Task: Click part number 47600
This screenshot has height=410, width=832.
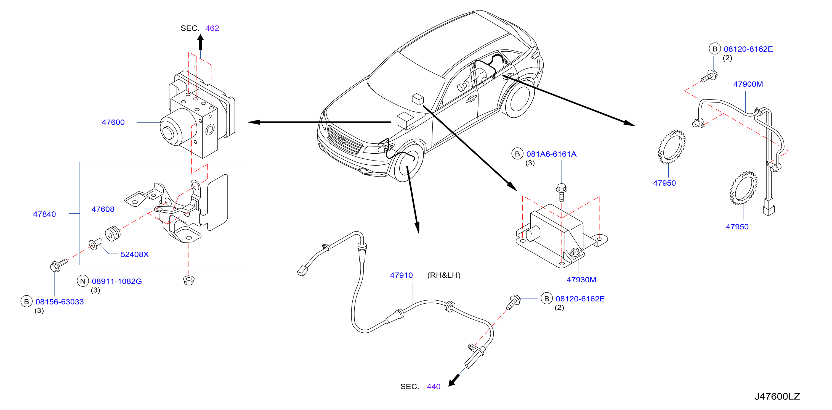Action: click(x=113, y=122)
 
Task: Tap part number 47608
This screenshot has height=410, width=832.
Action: click(x=103, y=209)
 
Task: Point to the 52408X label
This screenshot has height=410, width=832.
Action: click(x=134, y=254)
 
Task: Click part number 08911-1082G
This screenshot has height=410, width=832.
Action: click(x=117, y=281)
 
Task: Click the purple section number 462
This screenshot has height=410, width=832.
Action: click(x=212, y=28)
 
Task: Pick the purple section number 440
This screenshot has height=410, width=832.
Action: click(x=434, y=387)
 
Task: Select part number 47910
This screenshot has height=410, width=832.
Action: click(x=401, y=275)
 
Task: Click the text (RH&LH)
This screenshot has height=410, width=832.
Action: click(x=444, y=275)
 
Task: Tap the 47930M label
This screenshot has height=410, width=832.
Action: click(x=581, y=280)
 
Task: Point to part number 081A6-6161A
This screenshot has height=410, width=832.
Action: click(x=551, y=154)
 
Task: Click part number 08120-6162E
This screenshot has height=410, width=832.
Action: click(x=580, y=299)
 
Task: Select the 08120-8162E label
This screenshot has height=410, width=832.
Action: click(x=748, y=49)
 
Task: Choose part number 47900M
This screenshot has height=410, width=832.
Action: click(x=748, y=84)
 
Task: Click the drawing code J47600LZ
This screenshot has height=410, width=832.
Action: click(x=777, y=396)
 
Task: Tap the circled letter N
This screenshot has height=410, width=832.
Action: click(x=83, y=281)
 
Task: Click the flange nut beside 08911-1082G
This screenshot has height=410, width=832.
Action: click(x=189, y=280)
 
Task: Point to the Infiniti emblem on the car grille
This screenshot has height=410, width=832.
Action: click(x=342, y=140)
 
